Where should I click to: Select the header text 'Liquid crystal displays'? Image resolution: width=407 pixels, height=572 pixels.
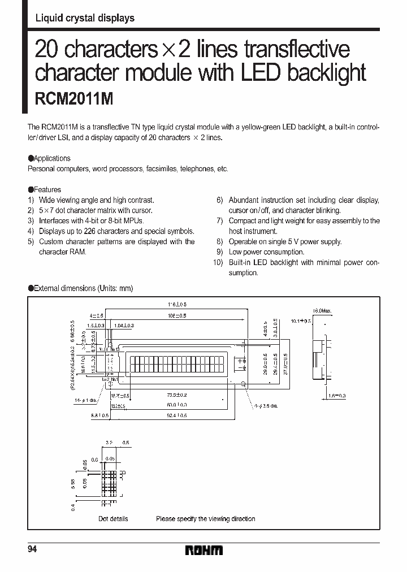(x=85, y=18)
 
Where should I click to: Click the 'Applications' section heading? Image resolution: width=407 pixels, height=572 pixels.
(x=51, y=158)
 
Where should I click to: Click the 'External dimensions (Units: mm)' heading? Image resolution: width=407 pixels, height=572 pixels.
(x=83, y=288)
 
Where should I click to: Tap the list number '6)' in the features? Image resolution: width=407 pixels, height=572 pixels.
(x=220, y=200)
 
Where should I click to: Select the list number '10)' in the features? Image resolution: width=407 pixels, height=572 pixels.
(x=218, y=262)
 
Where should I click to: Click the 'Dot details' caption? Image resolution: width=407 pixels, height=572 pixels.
(x=113, y=518)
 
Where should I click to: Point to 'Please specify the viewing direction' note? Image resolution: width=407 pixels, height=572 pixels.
(x=205, y=518)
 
